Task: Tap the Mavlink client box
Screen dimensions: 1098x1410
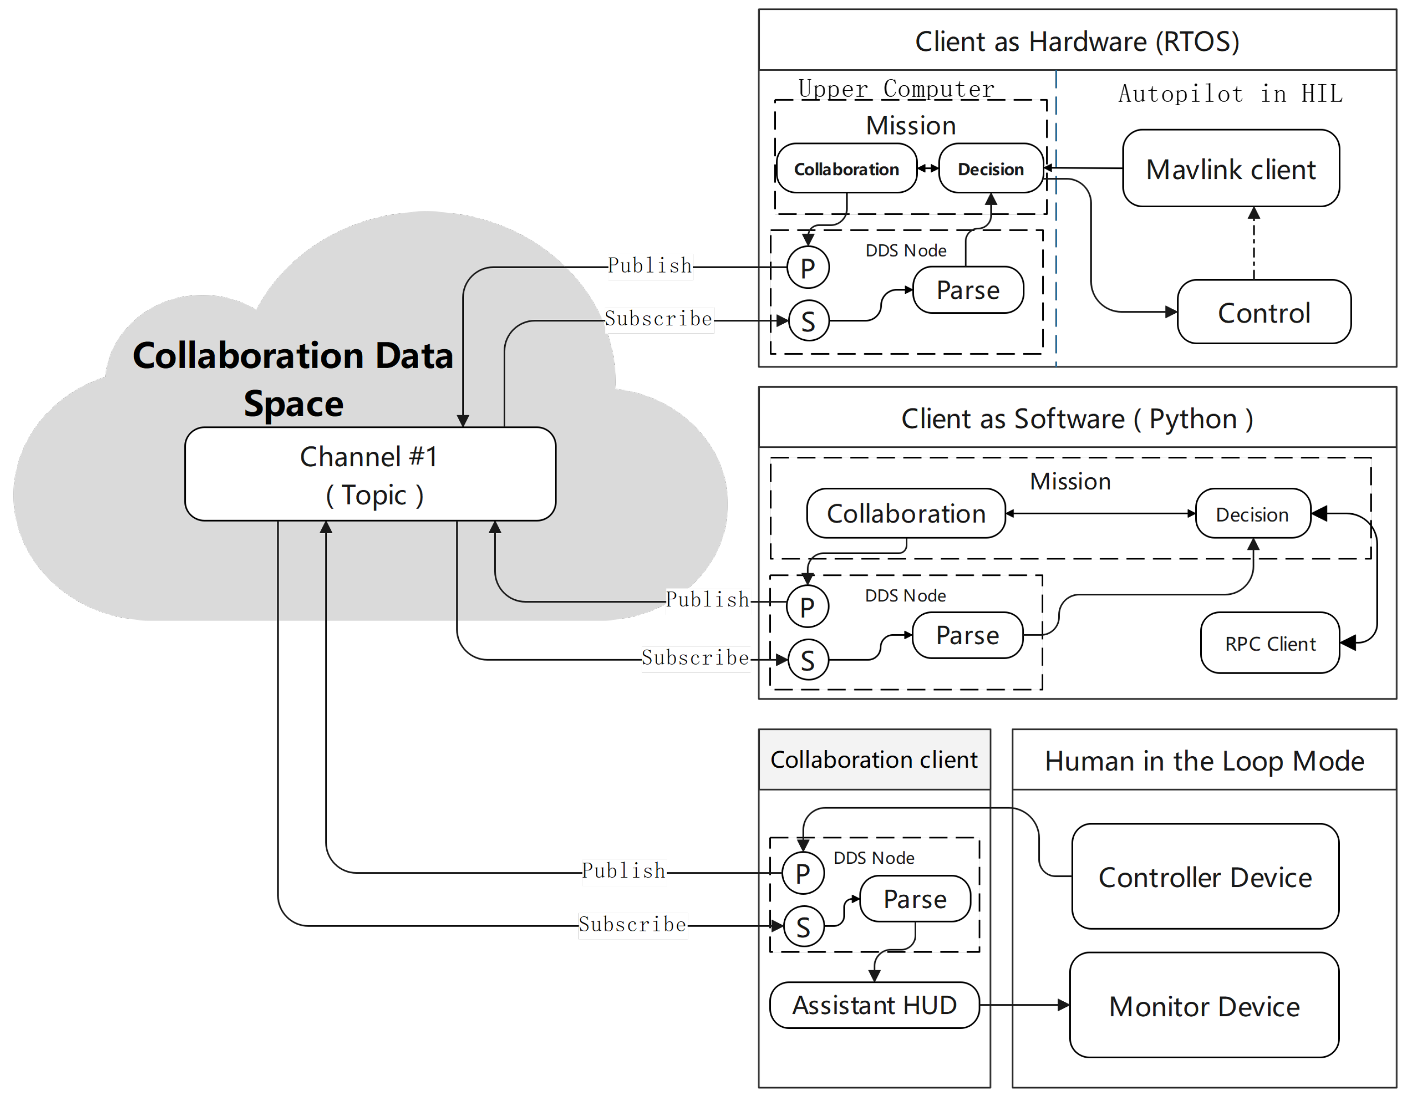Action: coord(1231,168)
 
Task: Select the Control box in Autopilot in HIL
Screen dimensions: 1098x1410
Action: coord(1264,312)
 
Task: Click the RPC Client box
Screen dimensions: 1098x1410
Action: coord(1269,643)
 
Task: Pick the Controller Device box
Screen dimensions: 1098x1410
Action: coord(1205,877)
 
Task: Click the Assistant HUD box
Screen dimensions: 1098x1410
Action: coord(874,1005)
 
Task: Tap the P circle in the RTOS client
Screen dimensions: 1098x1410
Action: coord(808,267)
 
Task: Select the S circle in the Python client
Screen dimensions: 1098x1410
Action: coord(808,660)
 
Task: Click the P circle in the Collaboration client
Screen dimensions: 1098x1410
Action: coord(803,873)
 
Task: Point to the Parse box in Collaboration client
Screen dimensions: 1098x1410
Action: coord(915,899)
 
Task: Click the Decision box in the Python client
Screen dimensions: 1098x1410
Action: coord(1252,514)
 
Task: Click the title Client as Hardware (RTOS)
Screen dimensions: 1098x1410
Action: coord(1077,41)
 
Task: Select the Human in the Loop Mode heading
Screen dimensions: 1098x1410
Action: coord(1204,760)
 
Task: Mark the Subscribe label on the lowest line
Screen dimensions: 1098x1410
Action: coord(632,924)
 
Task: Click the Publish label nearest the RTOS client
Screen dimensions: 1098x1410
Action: coord(650,266)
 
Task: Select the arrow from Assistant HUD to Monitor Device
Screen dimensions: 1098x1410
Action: coord(1024,1005)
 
